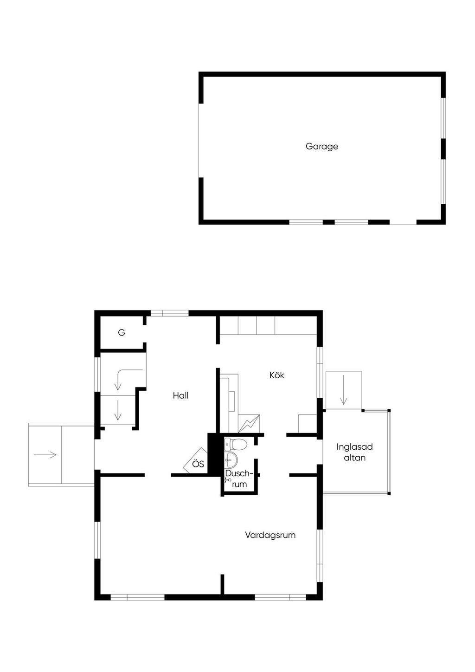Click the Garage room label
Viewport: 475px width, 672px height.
(x=322, y=146)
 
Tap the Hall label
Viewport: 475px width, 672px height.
(x=180, y=395)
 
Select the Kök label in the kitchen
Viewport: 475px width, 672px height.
(x=277, y=375)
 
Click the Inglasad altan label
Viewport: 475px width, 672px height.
(x=354, y=452)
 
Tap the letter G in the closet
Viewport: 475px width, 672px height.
(x=122, y=332)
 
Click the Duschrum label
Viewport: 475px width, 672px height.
(x=239, y=478)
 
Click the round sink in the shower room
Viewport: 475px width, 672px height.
(x=231, y=459)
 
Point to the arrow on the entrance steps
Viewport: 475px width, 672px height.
(x=45, y=455)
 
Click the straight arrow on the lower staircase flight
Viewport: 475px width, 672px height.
(x=118, y=410)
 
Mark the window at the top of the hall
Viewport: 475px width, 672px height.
(x=169, y=314)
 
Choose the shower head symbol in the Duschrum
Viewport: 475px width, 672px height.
(x=228, y=480)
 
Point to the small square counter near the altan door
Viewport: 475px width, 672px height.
(x=308, y=424)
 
